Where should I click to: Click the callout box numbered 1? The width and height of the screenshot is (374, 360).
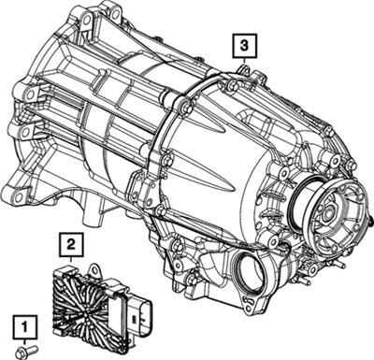pyautogui.click(x=24, y=326)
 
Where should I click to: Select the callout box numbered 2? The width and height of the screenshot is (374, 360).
pyautogui.click(x=71, y=244)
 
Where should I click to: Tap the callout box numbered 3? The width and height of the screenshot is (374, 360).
pyautogui.click(x=244, y=46)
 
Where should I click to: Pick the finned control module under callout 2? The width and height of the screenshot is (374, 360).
pyautogui.click(x=101, y=307)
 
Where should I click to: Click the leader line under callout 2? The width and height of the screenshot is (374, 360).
pyautogui.click(x=71, y=260)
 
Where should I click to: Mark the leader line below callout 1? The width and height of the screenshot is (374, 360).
pyautogui.click(x=24, y=342)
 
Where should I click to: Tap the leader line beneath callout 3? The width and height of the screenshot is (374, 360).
pyautogui.click(x=244, y=62)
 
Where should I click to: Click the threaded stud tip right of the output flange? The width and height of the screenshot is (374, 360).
pyautogui.click(x=371, y=222)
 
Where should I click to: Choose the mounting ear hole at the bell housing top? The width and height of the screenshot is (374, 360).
pyautogui.click(x=88, y=17)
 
